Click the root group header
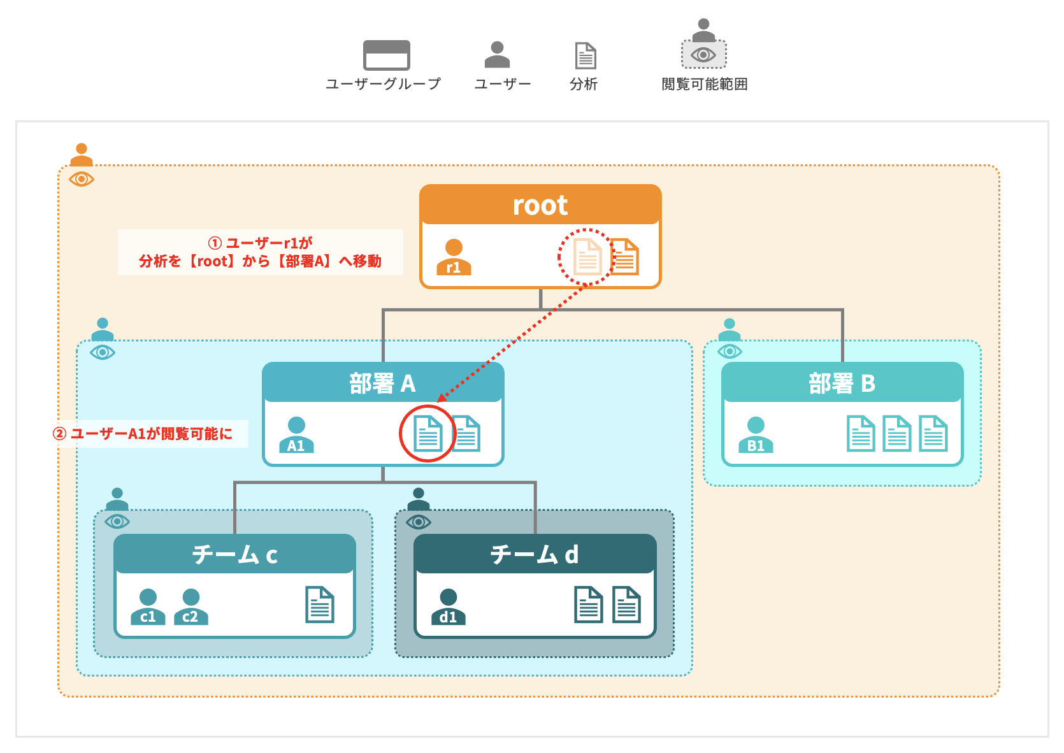(540, 205)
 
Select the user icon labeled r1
(454, 257)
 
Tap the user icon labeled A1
(296, 435)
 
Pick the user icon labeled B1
(756, 435)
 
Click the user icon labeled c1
(148, 606)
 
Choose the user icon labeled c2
(191, 606)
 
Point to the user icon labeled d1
(448, 606)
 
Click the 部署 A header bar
(382, 383)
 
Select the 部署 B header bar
(842, 383)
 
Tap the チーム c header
(234, 554)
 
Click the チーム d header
(535, 554)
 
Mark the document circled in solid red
(428, 434)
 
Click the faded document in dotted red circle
(587, 257)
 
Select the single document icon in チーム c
(320, 605)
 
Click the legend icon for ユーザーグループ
(386, 55)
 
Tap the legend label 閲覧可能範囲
(704, 84)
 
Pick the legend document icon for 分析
(585, 55)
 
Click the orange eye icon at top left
(82, 179)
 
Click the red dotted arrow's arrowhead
(442, 398)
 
